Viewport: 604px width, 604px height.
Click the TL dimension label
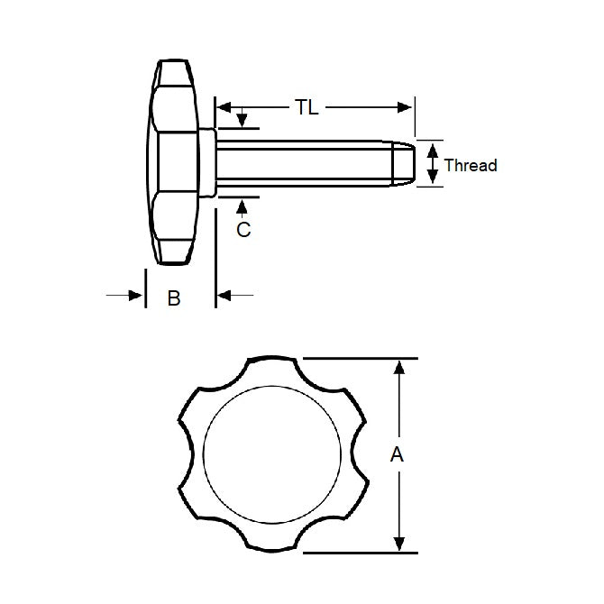point(307,107)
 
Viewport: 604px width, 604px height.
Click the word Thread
point(471,165)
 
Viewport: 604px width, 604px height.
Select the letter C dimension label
point(243,230)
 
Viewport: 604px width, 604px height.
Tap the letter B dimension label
point(174,297)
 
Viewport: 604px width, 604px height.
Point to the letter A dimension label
point(397,455)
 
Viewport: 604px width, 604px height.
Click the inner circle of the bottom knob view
point(273,455)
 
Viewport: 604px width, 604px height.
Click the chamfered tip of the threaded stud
point(405,163)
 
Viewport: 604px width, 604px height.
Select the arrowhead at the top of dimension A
point(397,366)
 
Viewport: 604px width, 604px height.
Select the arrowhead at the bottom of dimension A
point(397,544)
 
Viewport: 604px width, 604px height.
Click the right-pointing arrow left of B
point(136,295)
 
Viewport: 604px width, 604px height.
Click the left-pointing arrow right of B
point(224,295)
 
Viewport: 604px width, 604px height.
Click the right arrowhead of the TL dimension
point(407,107)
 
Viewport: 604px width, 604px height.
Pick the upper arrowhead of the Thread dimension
point(434,149)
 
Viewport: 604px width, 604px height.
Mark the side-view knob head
point(173,163)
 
